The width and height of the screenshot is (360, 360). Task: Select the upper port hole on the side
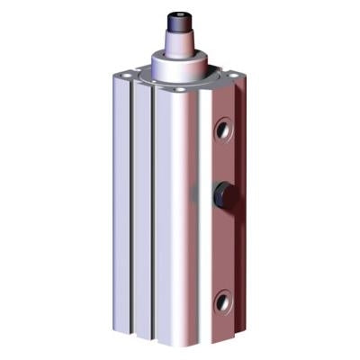coord(221,132)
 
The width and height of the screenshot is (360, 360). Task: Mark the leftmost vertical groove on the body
coord(132,207)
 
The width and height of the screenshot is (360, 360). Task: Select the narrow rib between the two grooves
coord(142,211)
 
